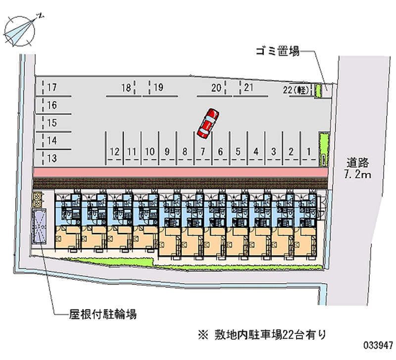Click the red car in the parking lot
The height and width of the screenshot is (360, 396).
coord(208,123)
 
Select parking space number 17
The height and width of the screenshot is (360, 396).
coord(52,88)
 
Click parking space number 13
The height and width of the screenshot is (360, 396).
coord(52,158)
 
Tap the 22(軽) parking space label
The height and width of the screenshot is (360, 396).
coord(296,90)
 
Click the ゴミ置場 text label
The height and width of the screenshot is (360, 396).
coord(278,51)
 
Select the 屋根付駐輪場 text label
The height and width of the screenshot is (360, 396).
coord(103,314)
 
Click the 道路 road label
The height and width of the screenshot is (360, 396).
coord(357,162)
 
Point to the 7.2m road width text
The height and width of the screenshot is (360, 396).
coord(357,174)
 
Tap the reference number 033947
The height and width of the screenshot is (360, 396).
coord(378,345)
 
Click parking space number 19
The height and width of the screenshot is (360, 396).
coord(158,88)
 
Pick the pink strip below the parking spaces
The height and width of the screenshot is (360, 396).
coord(181,173)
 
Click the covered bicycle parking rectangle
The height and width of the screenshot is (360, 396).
coord(39,226)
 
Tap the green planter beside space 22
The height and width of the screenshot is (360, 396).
coord(318,91)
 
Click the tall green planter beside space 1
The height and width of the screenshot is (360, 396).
coord(324,149)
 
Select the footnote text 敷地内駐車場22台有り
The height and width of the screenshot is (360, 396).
coord(270,335)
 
